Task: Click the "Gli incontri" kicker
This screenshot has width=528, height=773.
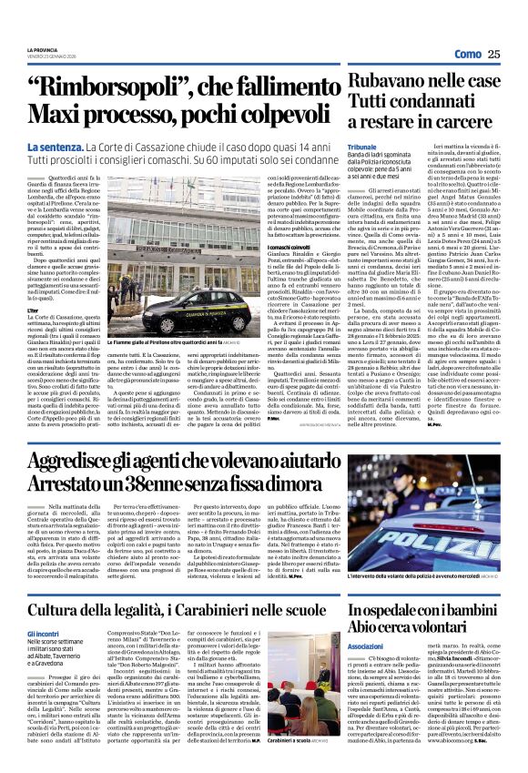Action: tap(43, 634)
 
